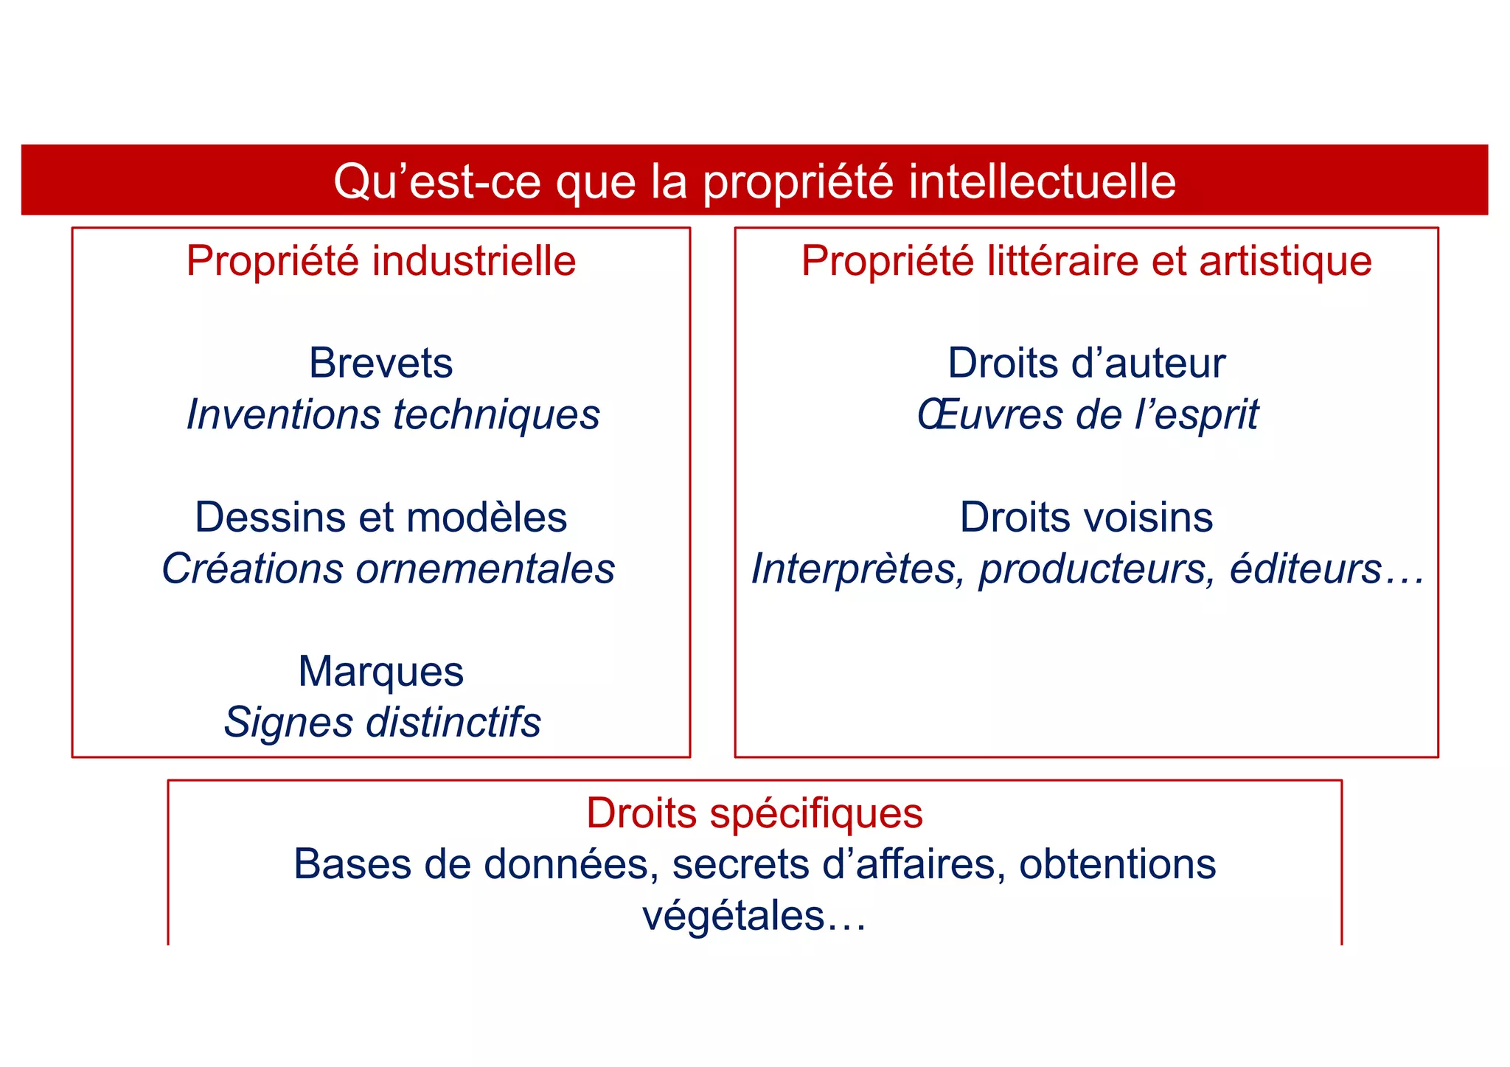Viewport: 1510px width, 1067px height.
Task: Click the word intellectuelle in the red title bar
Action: point(1042,181)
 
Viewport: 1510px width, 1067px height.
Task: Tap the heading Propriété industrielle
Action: point(380,261)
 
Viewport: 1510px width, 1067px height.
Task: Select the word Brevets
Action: point(380,363)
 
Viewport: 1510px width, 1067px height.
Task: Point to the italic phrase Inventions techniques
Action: point(393,414)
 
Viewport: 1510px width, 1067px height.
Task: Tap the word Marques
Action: point(380,672)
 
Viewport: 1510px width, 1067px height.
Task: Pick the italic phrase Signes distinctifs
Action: point(382,722)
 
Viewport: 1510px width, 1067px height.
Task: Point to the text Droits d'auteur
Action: point(1086,363)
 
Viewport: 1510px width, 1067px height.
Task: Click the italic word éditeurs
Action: point(1305,569)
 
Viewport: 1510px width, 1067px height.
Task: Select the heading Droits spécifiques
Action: point(754,814)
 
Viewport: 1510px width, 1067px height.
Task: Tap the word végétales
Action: point(734,917)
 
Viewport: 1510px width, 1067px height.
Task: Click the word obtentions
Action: point(1117,864)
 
